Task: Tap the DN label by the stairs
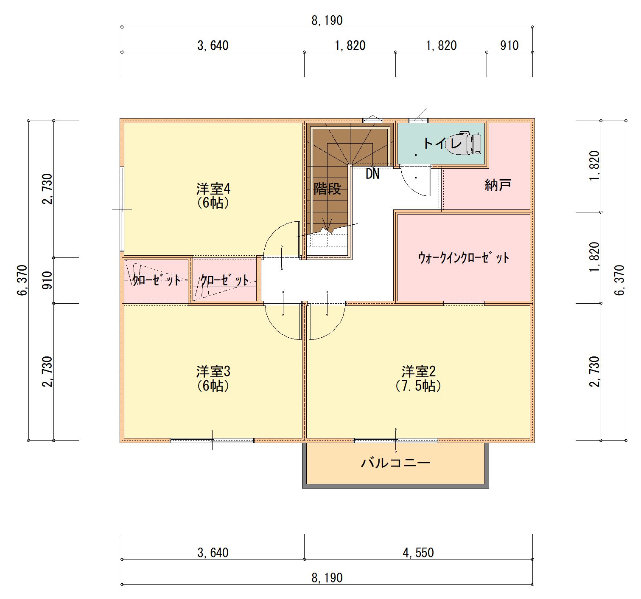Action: pyautogui.click(x=372, y=174)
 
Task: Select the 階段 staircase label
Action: pyautogui.click(x=327, y=189)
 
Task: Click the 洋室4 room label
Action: pyautogui.click(x=213, y=189)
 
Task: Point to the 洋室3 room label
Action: pyautogui.click(x=213, y=372)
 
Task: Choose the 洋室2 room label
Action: pyautogui.click(x=419, y=372)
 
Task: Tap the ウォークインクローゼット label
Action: pyautogui.click(x=464, y=258)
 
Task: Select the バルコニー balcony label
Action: pyautogui.click(x=396, y=463)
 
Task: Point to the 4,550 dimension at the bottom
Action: pyautogui.click(x=418, y=553)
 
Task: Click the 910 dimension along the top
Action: pyautogui.click(x=509, y=45)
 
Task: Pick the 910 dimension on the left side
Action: pyautogui.click(x=47, y=280)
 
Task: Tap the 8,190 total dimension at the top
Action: pyautogui.click(x=327, y=20)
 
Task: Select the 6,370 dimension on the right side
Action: pyautogui.click(x=620, y=280)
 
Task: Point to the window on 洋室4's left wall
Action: pyautogui.click(x=122, y=209)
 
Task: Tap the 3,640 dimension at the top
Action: pyautogui.click(x=213, y=45)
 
